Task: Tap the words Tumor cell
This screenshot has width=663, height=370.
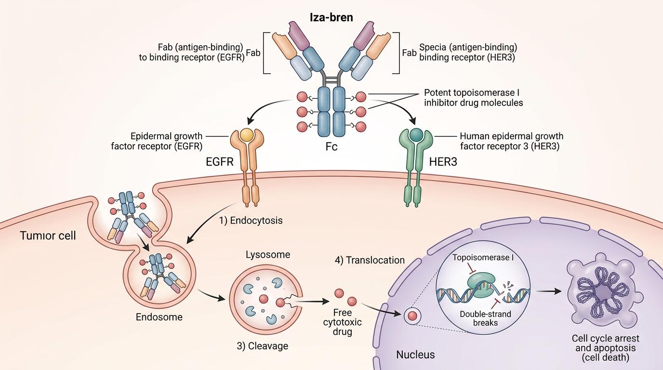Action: point(48,237)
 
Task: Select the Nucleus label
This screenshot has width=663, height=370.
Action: point(415,355)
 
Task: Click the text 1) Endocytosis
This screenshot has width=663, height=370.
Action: point(250,221)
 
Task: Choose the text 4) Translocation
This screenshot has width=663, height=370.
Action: point(370,260)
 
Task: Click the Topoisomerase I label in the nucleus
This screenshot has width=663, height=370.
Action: point(483,257)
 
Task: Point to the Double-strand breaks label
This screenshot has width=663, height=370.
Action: point(485,317)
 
